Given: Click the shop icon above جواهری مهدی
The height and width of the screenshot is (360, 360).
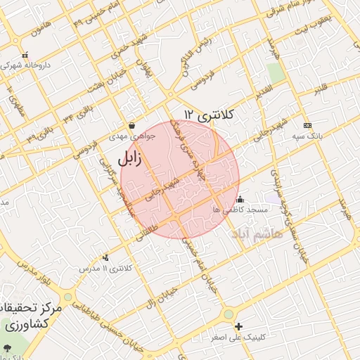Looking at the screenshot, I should pos(131,127).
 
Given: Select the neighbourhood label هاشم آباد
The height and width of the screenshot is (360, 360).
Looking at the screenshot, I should pos(259,233).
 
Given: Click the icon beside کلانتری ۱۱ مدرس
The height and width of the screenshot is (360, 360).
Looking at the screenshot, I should pos(105,258).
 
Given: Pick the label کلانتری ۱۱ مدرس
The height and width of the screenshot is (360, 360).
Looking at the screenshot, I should pos(106,269).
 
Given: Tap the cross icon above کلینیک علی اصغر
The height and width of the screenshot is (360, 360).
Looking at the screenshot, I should pos(239,326).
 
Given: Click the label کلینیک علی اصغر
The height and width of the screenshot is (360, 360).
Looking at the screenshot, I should pos(240,337).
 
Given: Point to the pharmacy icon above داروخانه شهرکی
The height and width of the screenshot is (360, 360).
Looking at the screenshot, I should pos(25,55).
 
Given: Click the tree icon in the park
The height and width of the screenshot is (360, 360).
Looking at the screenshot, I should pos(7,348).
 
